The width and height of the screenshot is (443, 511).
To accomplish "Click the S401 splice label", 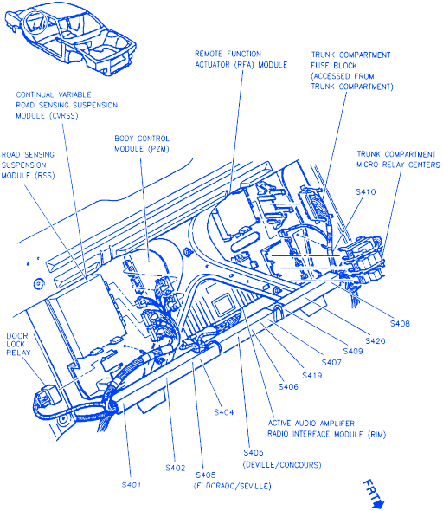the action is point(132,485).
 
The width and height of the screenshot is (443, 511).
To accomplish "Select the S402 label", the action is point(175,468).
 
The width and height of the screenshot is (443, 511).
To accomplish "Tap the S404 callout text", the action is point(223,412).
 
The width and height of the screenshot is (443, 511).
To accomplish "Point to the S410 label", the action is point(365,191).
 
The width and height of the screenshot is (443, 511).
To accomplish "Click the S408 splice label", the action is point(400,323).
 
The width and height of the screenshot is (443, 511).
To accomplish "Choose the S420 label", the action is point(376,341).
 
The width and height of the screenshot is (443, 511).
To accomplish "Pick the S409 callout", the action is point(353,351).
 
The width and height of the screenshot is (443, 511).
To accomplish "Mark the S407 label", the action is point(331,362).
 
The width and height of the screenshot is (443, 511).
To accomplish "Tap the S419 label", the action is point(312,375).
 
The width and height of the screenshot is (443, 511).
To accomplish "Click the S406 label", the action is point(288,386).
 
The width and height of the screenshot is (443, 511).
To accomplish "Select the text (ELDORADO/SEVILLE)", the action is point(233,486).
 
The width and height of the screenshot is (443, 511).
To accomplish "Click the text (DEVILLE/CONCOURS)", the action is point(282,464).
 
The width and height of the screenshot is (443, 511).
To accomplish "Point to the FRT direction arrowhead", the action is point(379,503).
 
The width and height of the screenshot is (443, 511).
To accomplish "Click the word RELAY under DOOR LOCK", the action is point(18,353).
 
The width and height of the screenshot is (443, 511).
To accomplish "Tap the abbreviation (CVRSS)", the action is point(64,116).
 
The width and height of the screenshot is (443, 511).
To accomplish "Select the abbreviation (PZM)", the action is point(158,149).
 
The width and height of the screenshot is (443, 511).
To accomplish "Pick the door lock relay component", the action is point(47,397).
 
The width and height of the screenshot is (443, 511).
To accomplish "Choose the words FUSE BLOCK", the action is point(334,66).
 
